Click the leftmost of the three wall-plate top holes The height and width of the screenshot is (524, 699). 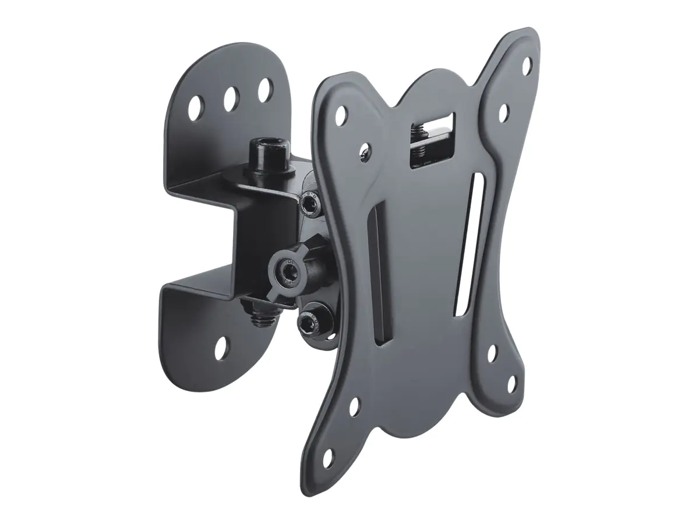tap(194, 105)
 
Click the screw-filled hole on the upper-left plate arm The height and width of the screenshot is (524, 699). tap(365, 150)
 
